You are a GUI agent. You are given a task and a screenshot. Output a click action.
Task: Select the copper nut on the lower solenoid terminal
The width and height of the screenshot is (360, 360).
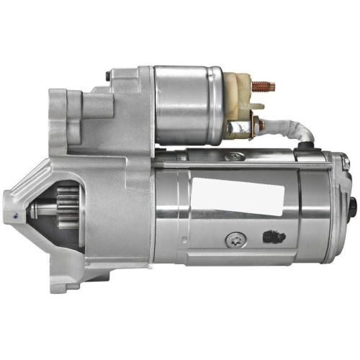pyautogui.click(x=231, y=130)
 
